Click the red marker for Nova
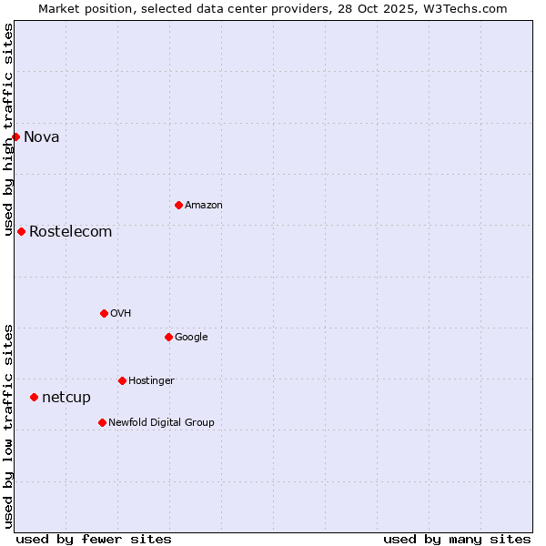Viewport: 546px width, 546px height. tap(15, 136)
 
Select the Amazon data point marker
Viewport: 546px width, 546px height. tap(178, 205)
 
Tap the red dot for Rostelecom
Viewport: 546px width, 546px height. tap(21, 231)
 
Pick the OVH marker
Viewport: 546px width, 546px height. tap(104, 313)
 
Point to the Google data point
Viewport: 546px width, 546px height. tap(168, 337)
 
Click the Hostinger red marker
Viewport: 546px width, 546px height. tap(122, 380)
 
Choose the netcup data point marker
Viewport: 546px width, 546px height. tap(34, 397)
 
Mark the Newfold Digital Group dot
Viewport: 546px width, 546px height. tap(102, 422)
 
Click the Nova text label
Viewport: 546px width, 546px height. tap(42, 137)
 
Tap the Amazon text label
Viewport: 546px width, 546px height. tap(204, 206)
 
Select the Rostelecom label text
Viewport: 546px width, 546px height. tap(71, 232)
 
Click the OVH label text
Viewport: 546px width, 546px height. tap(121, 314)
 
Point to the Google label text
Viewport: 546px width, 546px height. tap(191, 338)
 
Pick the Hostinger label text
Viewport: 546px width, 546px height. tap(151, 381)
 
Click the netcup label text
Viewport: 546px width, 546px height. tap(66, 398)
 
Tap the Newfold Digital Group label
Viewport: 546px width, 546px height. tap(161, 423)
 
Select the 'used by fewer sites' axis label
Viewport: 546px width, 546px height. tap(94, 539)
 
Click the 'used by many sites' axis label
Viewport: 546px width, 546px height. tap(457, 539)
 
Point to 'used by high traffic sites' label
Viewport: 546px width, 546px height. tap(8, 129)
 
